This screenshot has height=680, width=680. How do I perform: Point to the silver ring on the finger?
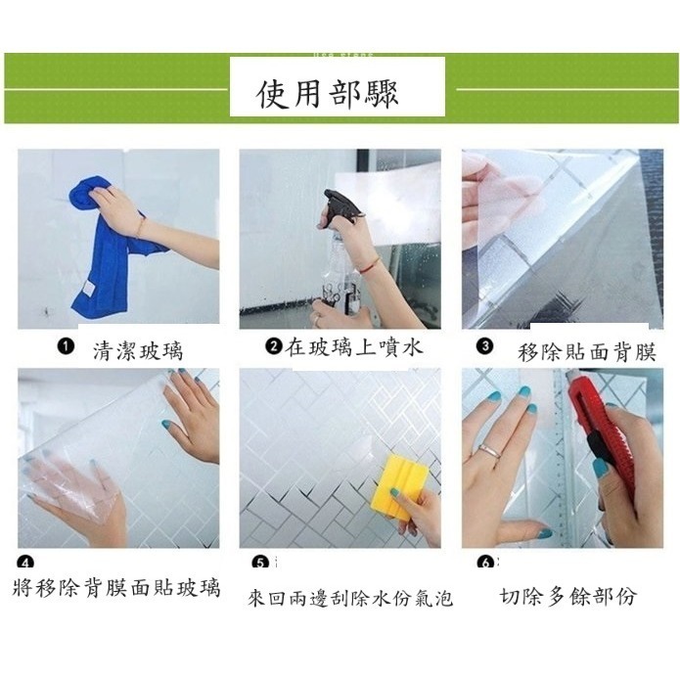(489, 451)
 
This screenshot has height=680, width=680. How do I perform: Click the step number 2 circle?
(273, 345)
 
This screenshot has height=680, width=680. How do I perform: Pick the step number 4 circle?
(25, 563)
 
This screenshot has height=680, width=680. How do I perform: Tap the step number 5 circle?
(260, 563)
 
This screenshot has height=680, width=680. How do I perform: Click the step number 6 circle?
(484, 563)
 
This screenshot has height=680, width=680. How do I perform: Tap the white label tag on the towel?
(88, 292)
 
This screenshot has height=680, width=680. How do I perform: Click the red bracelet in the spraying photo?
(367, 264)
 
